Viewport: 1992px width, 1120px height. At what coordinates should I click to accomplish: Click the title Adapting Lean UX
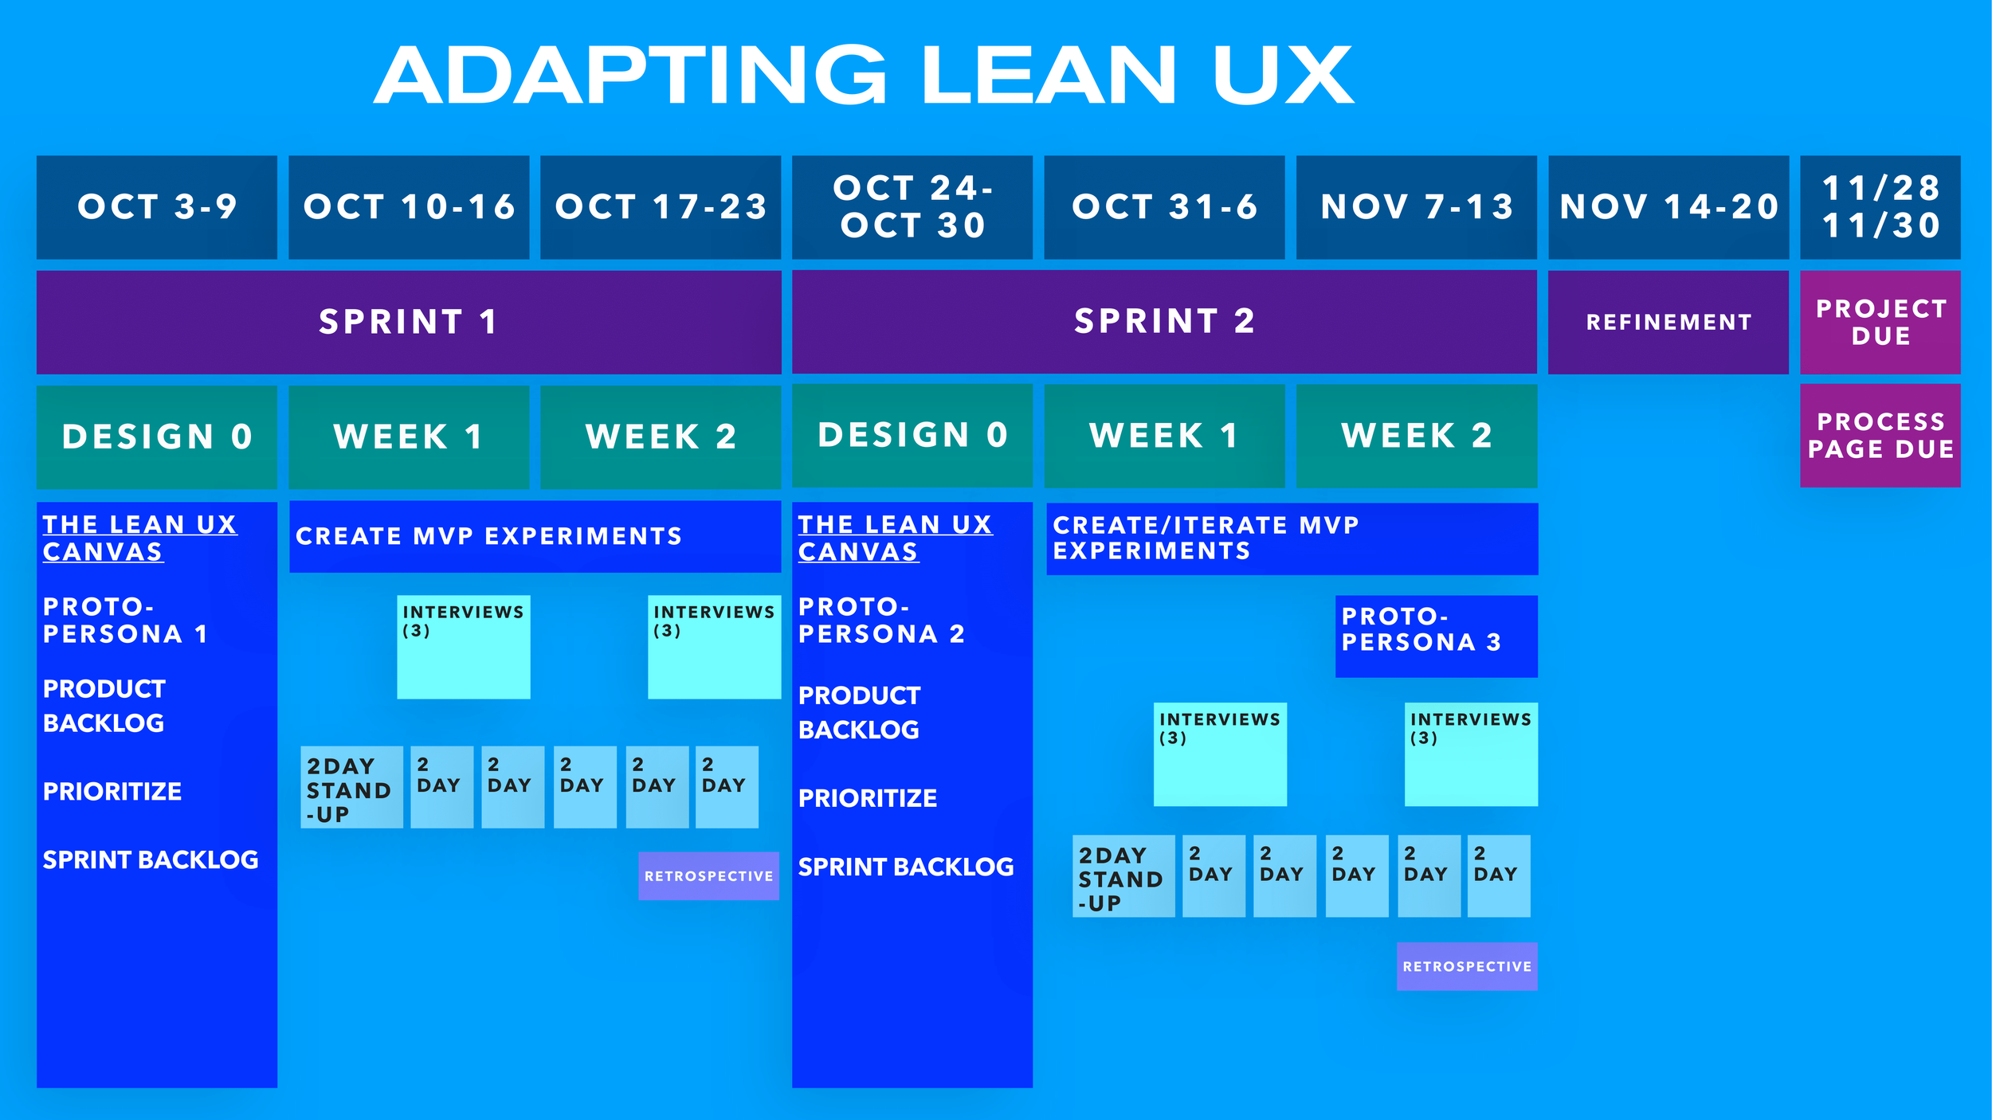(864, 75)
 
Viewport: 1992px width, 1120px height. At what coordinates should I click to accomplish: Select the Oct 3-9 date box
(157, 207)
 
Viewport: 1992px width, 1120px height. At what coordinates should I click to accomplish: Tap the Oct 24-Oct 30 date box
(912, 207)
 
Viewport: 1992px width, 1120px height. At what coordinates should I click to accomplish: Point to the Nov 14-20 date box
(1668, 207)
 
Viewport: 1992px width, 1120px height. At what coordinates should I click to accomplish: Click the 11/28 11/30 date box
(1880, 207)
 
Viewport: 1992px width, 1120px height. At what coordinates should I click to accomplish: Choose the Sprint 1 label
(409, 322)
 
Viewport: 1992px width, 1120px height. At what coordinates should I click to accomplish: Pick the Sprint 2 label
(1164, 322)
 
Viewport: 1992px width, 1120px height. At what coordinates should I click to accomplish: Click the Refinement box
(1668, 322)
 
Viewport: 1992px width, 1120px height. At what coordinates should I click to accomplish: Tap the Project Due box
(1880, 322)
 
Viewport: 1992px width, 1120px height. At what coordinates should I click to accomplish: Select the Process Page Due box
(1880, 435)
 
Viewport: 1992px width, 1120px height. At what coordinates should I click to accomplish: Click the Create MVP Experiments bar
(535, 536)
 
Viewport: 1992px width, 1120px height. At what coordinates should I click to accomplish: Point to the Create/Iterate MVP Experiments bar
(1292, 538)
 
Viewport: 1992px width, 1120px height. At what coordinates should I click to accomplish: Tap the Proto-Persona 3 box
(1437, 636)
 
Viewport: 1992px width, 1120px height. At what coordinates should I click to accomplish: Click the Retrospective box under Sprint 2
(1467, 966)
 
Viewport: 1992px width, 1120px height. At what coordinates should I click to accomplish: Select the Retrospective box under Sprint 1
(708, 876)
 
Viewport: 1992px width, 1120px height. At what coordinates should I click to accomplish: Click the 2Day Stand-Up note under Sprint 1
(351, 788)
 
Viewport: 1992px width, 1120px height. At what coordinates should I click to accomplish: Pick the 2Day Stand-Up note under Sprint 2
(1123, 876)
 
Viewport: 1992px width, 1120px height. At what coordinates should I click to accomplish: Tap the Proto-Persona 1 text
(124, 621)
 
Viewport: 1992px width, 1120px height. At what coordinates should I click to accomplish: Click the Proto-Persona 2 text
(880, 621)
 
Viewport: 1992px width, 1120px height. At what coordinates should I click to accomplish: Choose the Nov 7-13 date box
(1416, 207)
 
